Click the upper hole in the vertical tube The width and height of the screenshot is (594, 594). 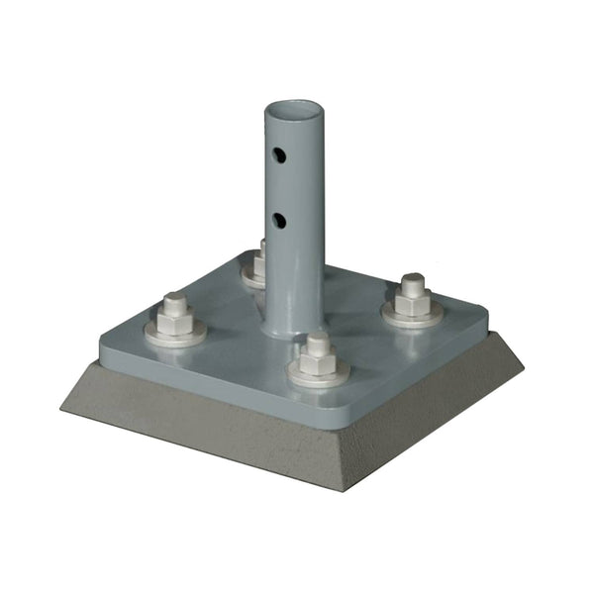coord(281,155)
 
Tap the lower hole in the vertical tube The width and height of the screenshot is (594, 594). coord(281,219)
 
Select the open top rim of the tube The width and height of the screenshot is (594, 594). coord(294,106)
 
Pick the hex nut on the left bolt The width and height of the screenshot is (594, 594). coord(175,319)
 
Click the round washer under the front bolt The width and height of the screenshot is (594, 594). coord(319,376)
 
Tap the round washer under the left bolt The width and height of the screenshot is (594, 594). coord(175,334)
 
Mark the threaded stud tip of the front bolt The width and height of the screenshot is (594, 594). coord(318,340)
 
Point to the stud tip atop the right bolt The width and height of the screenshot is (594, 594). coord(412,281)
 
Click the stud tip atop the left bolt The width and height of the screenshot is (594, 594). coord(175,298)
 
